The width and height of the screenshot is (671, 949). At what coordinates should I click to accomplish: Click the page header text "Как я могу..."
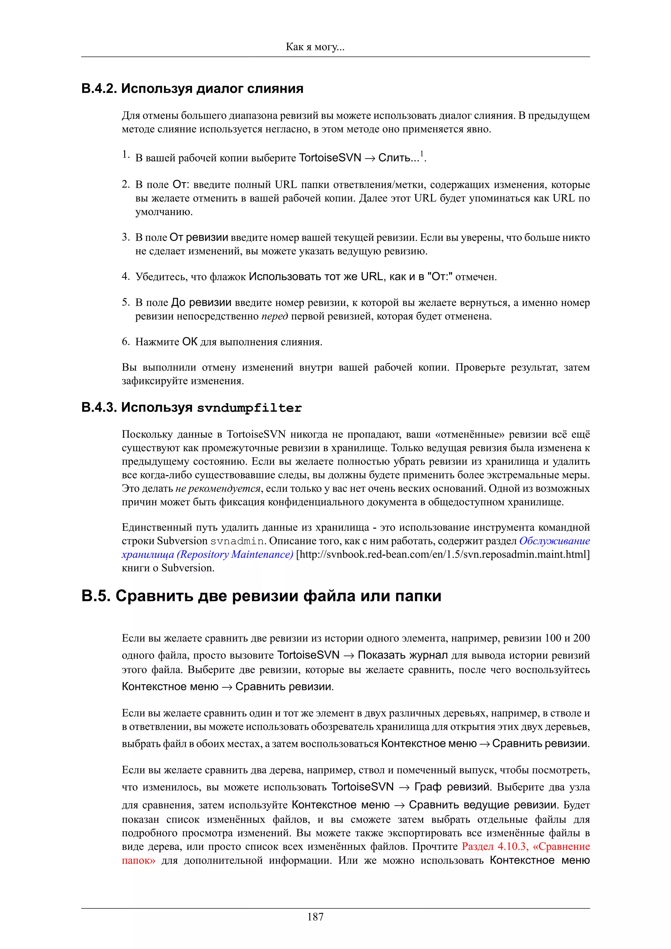[x=315, y=47]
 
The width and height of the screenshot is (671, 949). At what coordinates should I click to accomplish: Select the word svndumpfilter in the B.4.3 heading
[x=249, y=408]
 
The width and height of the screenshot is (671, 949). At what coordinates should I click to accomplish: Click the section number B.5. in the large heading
[x=95, y=596]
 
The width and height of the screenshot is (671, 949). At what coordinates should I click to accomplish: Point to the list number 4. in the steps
[x=126, y=276]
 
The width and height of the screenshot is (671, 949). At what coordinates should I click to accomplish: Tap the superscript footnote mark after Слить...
[x=422, y=154]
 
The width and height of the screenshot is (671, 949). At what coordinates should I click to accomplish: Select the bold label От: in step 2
[x=181, y=185]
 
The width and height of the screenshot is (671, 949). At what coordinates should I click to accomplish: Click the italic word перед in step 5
[x=275, y=316]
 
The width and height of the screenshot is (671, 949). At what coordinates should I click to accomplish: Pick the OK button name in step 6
[x=190, y=342]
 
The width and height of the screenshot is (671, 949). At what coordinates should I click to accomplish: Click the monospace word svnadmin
[x=237, y=541]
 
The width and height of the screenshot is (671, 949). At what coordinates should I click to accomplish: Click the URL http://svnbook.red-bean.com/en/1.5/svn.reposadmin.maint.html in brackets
[x=442, y=554]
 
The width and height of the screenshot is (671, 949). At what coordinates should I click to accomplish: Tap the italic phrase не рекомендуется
[x=218, y=489]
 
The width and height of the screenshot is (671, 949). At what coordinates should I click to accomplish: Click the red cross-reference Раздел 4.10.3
[x=494, y=847]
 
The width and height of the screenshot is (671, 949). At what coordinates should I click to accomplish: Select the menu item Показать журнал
[x=403, y=655]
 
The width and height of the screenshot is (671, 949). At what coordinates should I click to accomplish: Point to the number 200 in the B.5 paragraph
[x=581, y=638]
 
